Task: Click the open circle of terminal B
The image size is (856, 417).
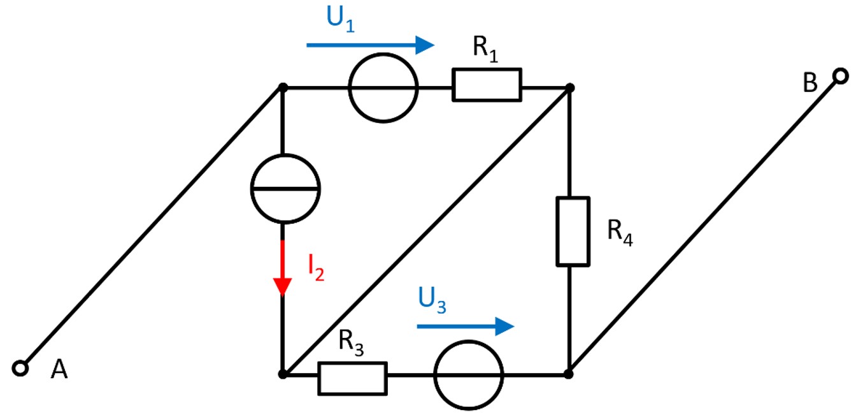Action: (x=840, y=77)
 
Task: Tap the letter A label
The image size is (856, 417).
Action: (x=59, y=370)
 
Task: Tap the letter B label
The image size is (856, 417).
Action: (x=810, y=84)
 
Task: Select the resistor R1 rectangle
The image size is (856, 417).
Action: (x=487, y=85)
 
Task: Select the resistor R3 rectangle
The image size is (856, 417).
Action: (x=352, y=377)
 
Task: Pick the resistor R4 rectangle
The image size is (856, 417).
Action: (x=573, y=231)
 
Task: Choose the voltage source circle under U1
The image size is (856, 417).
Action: (x=383, y=87)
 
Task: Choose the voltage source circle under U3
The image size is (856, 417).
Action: (x=468, y=375)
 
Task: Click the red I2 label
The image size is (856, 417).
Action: (x=316, y=268)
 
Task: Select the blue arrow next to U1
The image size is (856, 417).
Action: (x=370, y=45)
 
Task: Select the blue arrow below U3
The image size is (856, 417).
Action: (x=465, y=326)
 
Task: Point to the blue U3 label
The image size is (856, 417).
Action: (x=432, y=298)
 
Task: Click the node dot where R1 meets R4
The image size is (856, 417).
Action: (x=570, y=87)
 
